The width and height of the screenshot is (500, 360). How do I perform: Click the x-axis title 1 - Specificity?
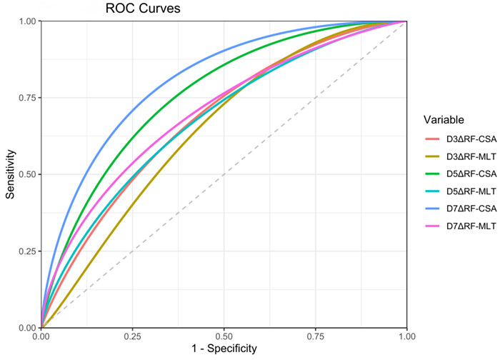tap(224, 350)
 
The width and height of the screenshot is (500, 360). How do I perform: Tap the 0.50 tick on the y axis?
tap(27, 174)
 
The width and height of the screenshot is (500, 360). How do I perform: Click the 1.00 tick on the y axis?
tap(27, 21)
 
